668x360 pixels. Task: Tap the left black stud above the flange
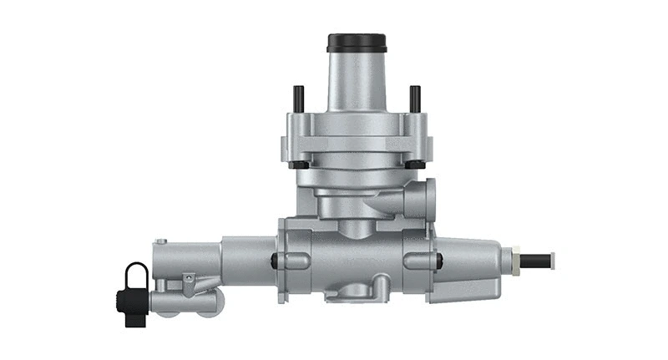tap(297, 99)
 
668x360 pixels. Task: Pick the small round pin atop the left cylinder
tap(161, 241)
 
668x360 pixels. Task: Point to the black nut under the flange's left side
tap(297, 164)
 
